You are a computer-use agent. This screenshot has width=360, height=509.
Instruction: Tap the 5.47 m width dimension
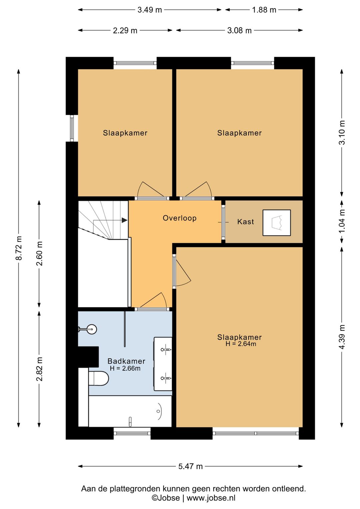190,466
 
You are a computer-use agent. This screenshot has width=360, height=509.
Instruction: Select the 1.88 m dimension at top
264,10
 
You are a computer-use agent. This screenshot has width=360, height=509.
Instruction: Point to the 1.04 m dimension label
342,221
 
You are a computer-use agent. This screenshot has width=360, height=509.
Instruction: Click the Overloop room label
179,218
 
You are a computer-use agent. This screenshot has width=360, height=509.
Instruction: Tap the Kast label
246,221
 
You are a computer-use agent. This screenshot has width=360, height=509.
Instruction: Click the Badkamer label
126,361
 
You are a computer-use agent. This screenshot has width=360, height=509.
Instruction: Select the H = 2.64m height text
241,344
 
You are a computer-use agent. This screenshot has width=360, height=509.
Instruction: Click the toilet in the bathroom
99,379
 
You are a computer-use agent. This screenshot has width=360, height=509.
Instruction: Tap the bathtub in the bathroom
130,411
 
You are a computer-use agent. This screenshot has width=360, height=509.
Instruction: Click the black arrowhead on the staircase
124,220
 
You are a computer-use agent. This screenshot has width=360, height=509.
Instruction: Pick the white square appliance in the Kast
277,223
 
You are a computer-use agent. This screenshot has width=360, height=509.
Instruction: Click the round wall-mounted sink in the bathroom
92,329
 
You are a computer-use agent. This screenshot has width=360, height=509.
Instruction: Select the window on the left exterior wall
72,128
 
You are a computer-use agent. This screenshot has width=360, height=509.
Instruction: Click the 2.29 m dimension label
125,30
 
